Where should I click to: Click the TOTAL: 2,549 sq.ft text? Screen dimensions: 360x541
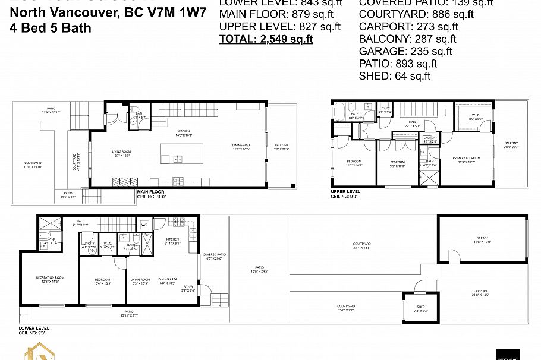pyautogui.click(x=266, y=39)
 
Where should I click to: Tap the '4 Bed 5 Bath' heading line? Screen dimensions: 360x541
pyautogui.click(x=51, y=27)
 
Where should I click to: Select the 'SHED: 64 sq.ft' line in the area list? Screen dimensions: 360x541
pyautogui.click(x=394, y=75)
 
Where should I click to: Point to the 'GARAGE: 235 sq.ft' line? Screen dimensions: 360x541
pyautogui.click(x=405, y=51)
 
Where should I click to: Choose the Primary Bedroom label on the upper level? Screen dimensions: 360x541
pyautogui.click(x=465, y=158)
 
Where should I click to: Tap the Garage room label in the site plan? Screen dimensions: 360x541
pyautogui.click(x=482, y=239)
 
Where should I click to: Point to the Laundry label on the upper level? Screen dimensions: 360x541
pyautogui.click(x=430, y=139)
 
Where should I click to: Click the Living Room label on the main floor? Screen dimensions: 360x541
pyautogui.click(x=121, y=153)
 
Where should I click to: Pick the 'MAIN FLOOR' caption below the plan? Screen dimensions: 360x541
pyautogui.click(x=151, y=192)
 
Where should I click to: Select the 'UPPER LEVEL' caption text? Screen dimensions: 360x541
pyautogui.click(x=346, y=192)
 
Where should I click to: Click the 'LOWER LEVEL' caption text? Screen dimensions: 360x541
pyautogui.click(x=34, y=327)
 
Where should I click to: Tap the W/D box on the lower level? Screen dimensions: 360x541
pyautogui.click(x=144, y=225)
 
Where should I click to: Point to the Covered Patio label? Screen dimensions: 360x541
pyautogui.click(x=213, y=255)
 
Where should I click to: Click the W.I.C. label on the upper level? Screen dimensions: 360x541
pyautogui.click(x=476, y=117)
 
